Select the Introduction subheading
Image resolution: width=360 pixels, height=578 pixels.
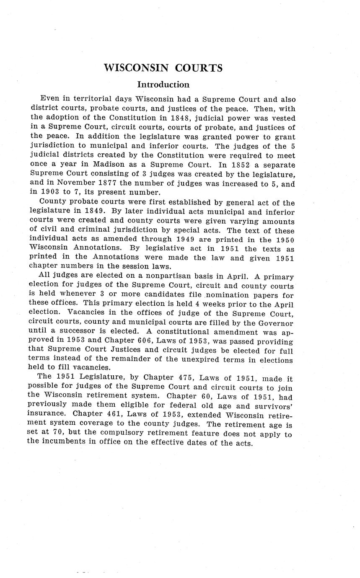pyautogui.click(x=163, y=85)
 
